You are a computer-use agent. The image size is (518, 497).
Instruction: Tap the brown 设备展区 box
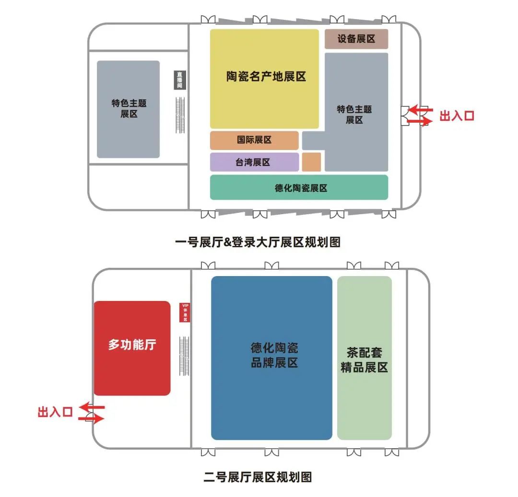(x=356, y=39)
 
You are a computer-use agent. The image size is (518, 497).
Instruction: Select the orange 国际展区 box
(x=254, y=140)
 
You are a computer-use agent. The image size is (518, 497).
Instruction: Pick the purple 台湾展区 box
(x=254, y=162)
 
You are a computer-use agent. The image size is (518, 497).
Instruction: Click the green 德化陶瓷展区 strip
(x=299, y=187)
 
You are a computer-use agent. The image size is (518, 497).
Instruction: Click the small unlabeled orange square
(x=311, y=162)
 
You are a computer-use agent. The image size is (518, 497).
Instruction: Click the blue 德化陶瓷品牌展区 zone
(x=271, y=358)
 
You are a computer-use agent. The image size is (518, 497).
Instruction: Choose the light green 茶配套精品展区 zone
(x=365, y=358)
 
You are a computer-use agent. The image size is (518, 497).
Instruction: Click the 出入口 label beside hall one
(x=457, y=116)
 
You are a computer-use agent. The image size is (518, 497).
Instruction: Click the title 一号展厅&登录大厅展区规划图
(x=258, y=243)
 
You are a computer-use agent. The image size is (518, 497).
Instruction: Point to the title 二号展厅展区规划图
(x=258, y=477)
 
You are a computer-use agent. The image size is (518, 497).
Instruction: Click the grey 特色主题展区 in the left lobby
(x=129, y=109)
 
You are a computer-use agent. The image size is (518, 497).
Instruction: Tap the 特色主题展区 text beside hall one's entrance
(x=354, y=115)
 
